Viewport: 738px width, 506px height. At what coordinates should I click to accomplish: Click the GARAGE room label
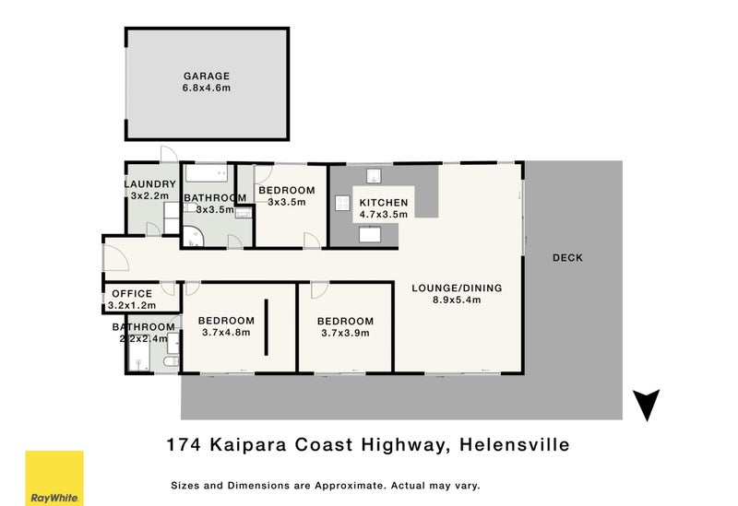[207, 76]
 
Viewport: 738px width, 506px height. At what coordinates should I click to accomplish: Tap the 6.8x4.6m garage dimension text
[207, 88]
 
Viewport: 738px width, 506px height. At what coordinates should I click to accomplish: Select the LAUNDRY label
[150, 183]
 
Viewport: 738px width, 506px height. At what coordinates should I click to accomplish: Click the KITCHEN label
[384, 203]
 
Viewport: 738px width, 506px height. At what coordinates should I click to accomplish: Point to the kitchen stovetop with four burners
[342, 203]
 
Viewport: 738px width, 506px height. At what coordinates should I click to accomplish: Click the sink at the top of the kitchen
[374, 176]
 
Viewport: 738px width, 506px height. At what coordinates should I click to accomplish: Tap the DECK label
[567, 258]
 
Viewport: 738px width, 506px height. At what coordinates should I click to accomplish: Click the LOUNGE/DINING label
[457, 288]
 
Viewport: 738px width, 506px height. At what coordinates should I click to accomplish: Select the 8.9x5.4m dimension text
[457, 300]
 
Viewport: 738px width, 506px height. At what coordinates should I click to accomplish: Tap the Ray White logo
[54, 478]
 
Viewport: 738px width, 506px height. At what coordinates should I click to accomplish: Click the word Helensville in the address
[515, 444]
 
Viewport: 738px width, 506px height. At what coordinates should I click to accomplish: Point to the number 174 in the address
[184, 444]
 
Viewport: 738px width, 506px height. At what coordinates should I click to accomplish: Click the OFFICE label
[132, 293]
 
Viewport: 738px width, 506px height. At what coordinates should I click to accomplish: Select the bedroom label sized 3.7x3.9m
[345, 321]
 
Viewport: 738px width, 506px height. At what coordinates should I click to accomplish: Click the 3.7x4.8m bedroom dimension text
[226, 333]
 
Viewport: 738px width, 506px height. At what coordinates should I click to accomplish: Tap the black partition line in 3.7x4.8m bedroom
[266, 327]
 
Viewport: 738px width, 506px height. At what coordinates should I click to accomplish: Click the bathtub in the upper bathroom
[206, 173]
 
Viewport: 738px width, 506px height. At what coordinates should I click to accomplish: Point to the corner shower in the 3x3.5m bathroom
[193, 237]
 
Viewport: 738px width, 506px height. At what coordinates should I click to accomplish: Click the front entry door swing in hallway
[116, 258]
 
